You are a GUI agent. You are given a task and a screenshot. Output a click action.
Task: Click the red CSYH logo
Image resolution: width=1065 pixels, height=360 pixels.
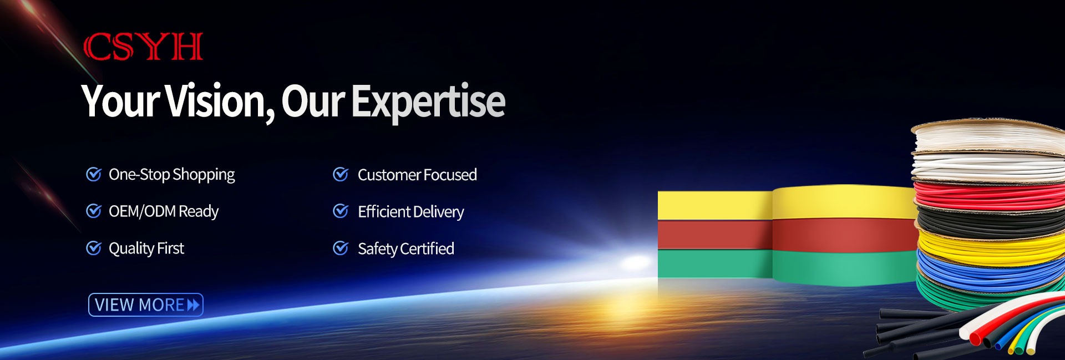(x=143, y=47)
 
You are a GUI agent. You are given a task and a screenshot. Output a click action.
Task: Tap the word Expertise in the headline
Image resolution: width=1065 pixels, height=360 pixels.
(x=428, y=102)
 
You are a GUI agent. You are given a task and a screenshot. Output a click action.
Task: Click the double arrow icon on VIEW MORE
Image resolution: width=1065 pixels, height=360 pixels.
(x=193, y=305)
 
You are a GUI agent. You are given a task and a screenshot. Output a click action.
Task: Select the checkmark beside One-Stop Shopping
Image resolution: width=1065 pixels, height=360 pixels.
(x=94, y=174)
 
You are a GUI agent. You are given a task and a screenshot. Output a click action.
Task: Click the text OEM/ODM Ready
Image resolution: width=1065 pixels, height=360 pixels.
(x=164, y=211)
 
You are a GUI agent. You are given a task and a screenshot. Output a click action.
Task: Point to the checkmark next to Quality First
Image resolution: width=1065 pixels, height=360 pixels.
(x=94, y=248)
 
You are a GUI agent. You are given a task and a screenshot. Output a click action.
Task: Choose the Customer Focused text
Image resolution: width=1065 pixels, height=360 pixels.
(x=417, y=175)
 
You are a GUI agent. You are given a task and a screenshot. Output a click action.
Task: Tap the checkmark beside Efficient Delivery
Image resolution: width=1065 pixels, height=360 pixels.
(x=341, y=211)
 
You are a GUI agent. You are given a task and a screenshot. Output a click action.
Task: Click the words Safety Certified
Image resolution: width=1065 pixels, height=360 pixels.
(x=406, y=249)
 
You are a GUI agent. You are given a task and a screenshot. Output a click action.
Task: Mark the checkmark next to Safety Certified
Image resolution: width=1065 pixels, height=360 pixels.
(x=341, y=248)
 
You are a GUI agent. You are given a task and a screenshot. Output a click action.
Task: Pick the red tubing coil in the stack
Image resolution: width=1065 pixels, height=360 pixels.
(x=987, y=195)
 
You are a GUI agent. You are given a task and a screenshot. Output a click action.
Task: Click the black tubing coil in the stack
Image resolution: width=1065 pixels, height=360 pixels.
(x=990, y=221)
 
